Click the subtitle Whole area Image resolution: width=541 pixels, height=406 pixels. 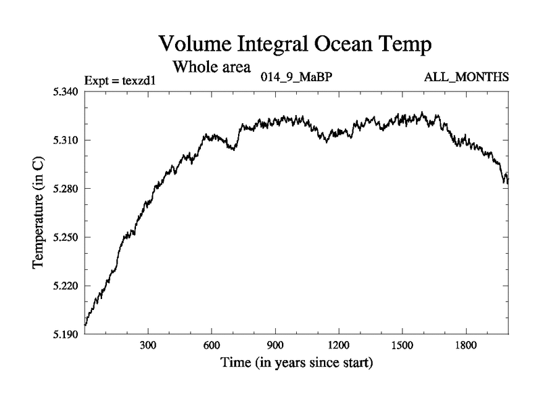click(x=212, y=67)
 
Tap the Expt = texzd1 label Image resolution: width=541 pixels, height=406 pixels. click(x=120, y=81)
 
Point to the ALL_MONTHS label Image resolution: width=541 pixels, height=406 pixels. click(x=467, y=76)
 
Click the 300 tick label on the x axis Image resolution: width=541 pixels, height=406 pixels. click(x=148, y=346)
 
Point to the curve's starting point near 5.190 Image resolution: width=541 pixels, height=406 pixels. click(x=85, y=325)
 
